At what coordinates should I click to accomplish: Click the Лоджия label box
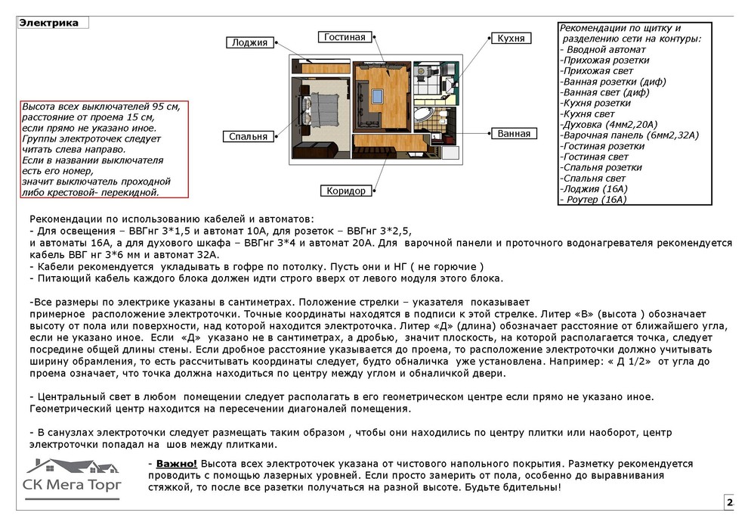(x=249, y=42)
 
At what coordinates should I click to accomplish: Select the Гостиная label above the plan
(x=345, y=36)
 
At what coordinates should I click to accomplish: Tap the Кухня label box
(x=512, y=38)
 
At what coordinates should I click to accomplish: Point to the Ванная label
(x=514, y=133)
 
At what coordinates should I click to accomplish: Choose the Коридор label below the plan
(x=346, y=191)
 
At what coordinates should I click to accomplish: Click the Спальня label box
(x=249, y=136)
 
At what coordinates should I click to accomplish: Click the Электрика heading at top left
(x=49, y=23)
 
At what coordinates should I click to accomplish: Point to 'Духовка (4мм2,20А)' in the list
(x=609, y=124)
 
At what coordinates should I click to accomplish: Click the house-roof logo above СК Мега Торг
(x=72, y=467)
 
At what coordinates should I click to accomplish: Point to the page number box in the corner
(x=729, y=502)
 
